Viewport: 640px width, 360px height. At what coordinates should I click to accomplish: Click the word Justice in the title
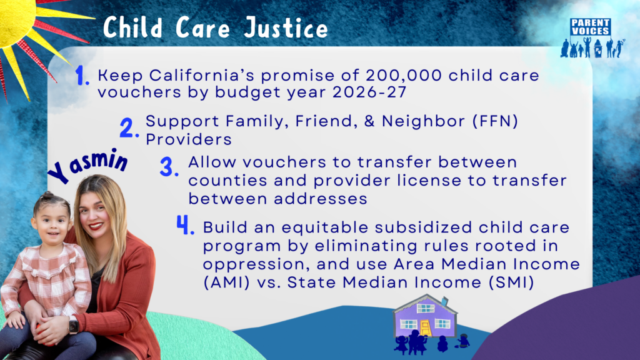(x=286, y=27)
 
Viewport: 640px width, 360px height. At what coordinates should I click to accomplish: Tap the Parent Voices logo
(x=592, y=37)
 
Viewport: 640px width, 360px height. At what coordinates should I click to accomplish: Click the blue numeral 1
(x=82, y=76)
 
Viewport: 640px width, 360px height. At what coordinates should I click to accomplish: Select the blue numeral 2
(x=129, y=127)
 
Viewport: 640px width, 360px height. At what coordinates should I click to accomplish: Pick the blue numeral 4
(x=185, y=225)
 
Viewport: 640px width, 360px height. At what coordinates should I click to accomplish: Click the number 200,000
(x=403, y=76)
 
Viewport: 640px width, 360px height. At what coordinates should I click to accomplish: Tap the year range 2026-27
(x=369, y=92)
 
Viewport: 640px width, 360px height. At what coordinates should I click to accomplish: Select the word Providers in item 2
(x=189, y=139)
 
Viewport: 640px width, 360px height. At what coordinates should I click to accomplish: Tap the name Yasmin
(x=87, y=164)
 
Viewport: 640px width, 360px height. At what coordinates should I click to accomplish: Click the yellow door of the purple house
(x=425, y=328)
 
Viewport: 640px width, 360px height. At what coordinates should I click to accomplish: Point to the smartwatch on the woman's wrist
(x=74, y=326)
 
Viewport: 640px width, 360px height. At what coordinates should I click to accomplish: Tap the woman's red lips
(x=96, y=225)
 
